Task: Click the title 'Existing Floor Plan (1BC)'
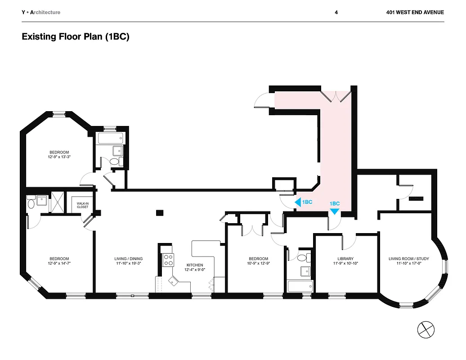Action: click(x=76, y=37)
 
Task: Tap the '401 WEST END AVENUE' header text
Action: click(x=415, y=12)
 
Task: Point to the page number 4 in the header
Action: click(x=336, y=12)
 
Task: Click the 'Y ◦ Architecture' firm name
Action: click(x=41, y=12)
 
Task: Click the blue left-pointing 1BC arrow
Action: click(x=297, y=202)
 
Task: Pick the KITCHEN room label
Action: click(x=195, y=265)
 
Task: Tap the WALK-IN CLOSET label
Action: click(x=82, y=205)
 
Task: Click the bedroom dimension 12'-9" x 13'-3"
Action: click(x=59, y=157)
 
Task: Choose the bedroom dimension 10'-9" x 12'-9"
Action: click(x=259, y=264)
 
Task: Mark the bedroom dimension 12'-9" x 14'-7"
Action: click(x=59, y=264)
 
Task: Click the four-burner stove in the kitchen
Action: click(x=168, y=260)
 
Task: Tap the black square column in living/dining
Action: click(x=159, y=212)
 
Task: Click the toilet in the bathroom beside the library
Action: click(x=308, y=257)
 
